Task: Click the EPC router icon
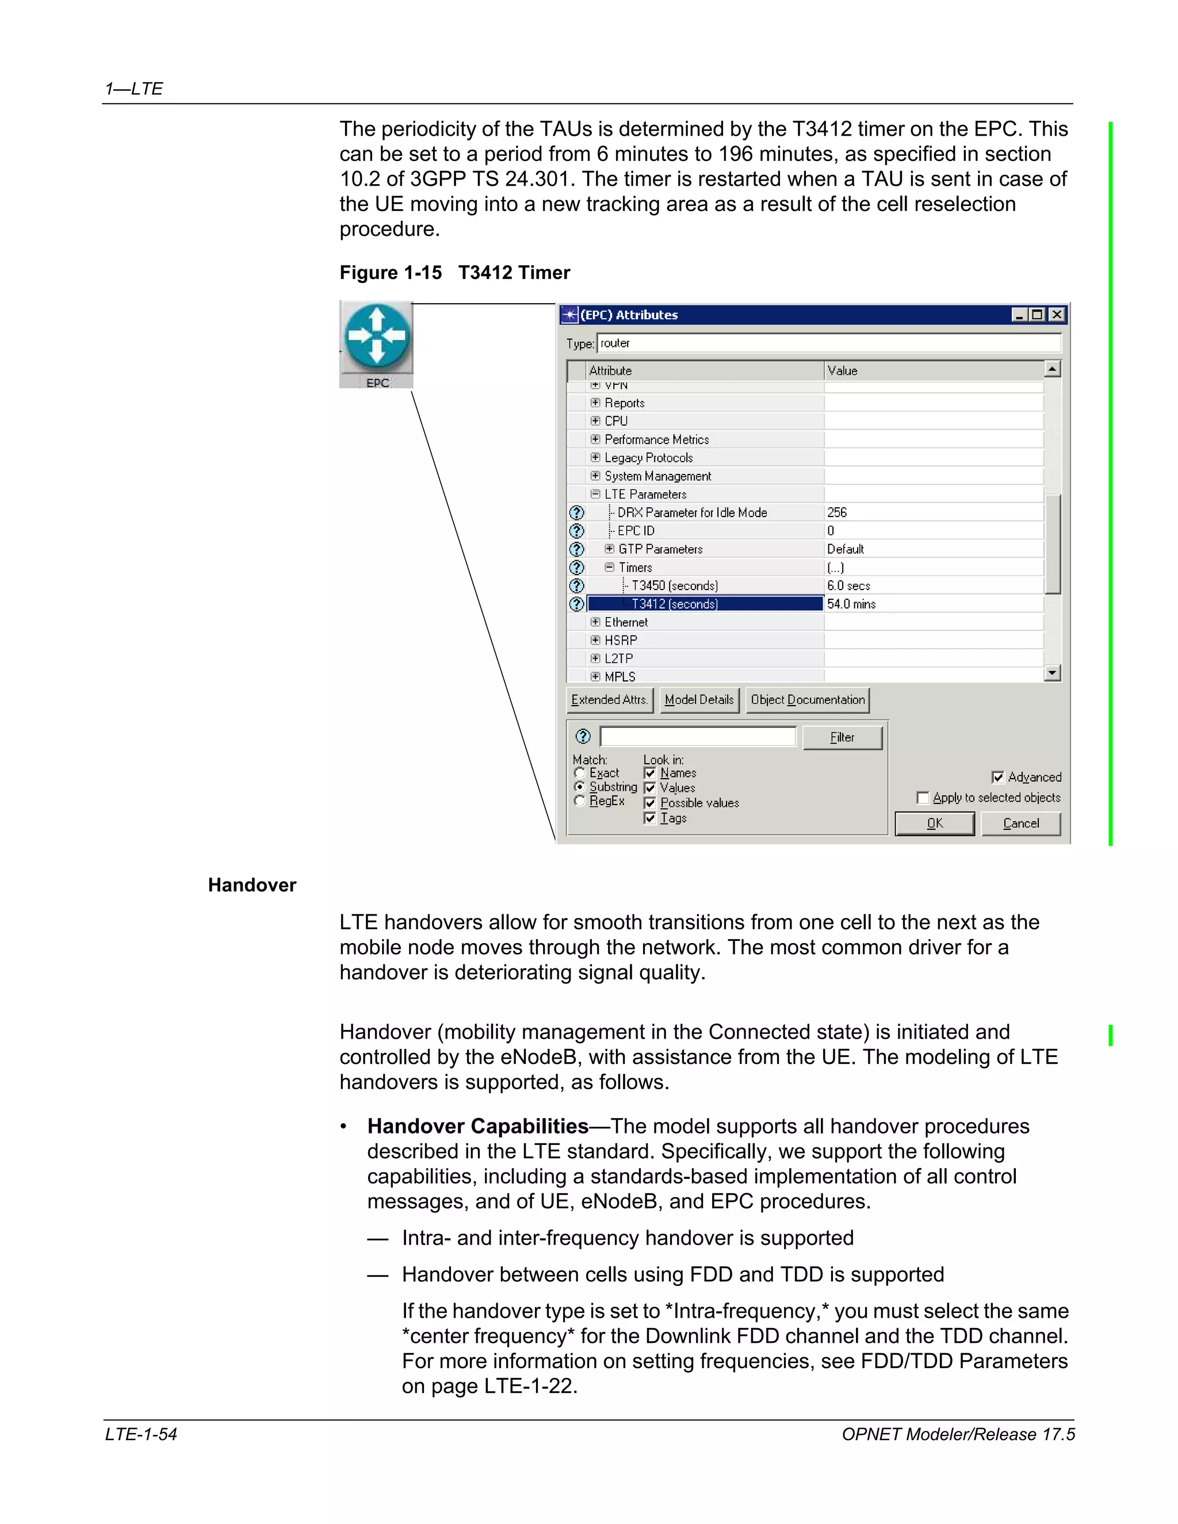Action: (x=377, y=337)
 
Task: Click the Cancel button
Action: (x=1020, y=824)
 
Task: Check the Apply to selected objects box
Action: (x=923, y=798)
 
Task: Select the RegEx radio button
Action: (x=579, y=801)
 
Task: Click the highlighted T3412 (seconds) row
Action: (x=705, y=604)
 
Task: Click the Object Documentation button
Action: (x=808, y=700)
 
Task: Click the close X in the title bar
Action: (x=1057, y=315)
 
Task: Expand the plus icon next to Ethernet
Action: (x=595, y=622)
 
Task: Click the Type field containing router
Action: (x=828, y=343)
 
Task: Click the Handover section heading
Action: (x=252, y=886)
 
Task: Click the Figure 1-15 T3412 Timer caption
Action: (x=454, y=273)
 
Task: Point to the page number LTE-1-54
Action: (x=141, y=1435)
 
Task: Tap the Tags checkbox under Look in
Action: (x=650, y=818)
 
